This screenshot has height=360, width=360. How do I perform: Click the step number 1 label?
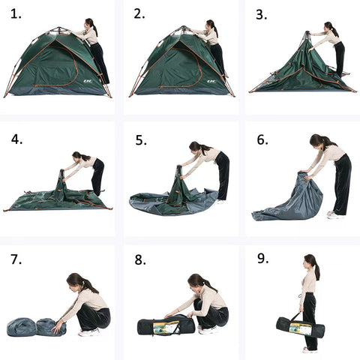pos(16,14)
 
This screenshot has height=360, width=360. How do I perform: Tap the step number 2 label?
pos(139,14)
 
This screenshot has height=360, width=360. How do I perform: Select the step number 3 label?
pos(261,15)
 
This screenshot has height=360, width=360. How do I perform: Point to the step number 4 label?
pos(16,139)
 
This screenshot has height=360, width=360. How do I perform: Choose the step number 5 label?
pos(141,140)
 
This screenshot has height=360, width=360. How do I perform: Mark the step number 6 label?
pos(262,139)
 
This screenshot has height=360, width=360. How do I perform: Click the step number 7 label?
pos(16,259)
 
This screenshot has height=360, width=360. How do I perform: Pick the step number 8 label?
pos(140,260)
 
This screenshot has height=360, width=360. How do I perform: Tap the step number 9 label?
pos(263,259)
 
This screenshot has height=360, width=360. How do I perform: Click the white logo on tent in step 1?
pos(87,81)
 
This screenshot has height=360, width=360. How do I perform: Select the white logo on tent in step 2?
pos(211,81)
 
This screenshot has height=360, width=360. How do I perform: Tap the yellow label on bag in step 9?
pos(300,329)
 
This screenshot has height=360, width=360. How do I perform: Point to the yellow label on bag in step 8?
pos(166,327)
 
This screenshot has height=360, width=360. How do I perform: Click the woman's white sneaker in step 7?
pos(89,332)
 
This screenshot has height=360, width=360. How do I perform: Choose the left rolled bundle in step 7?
pos(22,327)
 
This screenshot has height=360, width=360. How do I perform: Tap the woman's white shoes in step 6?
pos(334,214)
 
